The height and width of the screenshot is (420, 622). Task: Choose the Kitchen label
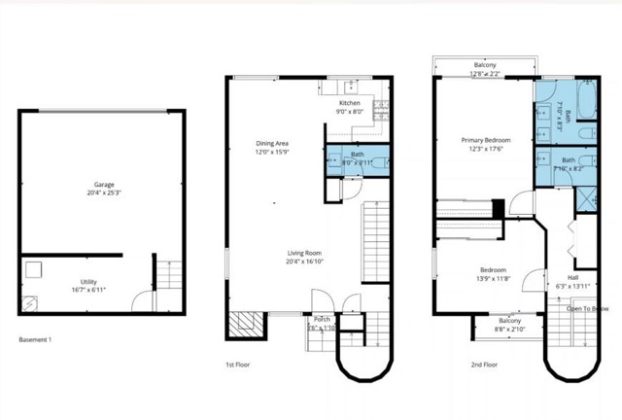(x=350, y=102)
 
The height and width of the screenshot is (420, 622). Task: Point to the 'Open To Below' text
(x=588, y=309)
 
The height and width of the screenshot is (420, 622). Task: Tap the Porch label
(x=321, y=319)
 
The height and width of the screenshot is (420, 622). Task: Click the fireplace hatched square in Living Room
(x=244, y=324)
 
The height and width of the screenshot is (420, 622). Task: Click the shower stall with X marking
(x=588, y=196)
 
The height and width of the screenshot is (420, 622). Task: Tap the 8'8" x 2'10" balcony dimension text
(x=509, y=330)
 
